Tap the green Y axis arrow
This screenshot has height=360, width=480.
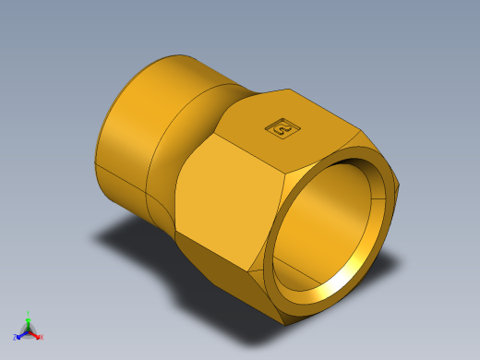[29, 319]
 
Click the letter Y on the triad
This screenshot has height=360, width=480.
[29, 313]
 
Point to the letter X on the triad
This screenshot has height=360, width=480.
[42, 337]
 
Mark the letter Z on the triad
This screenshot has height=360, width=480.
[15, 337]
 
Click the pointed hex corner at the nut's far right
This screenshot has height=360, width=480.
[400, 186]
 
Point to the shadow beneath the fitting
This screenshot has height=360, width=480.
[138, 249]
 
